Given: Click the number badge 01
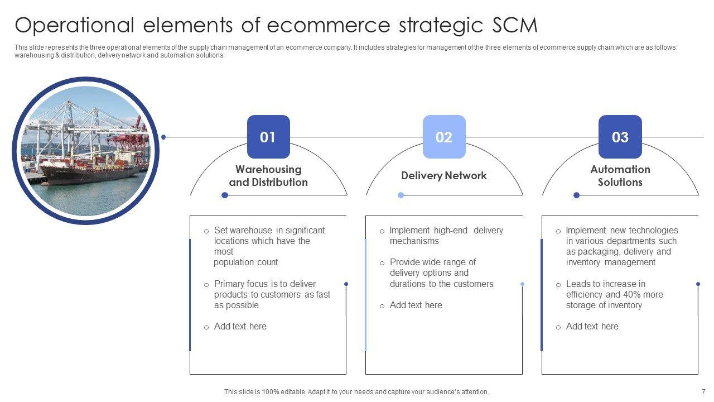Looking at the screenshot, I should [268, 137].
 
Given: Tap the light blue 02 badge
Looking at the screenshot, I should [444, 137].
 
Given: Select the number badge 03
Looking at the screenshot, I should [620, 137].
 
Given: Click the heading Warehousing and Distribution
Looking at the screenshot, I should [268, 176].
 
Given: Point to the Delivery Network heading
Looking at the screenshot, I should [444, 175].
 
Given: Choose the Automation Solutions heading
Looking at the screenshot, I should [620, 176].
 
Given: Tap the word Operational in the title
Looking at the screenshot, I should [75, 26].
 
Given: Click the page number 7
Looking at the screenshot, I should [703, 392].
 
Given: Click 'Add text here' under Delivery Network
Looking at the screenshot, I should [416, 305].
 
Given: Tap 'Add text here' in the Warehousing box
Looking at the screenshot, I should [240, 326].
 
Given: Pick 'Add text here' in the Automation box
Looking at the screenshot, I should [592, 326].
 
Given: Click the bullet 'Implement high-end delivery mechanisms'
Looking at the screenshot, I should [446, 236].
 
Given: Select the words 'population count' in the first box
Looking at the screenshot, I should [245, 262].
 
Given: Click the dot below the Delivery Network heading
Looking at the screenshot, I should [401, 195].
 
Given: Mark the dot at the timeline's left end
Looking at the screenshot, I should [163, 137].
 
